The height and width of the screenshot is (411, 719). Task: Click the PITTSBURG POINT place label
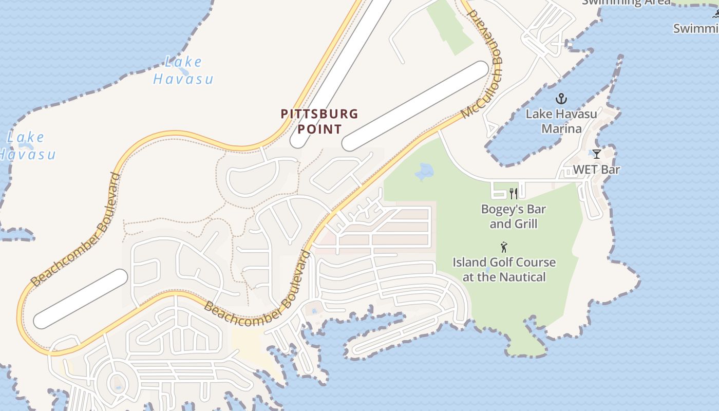click(x=319, y=121)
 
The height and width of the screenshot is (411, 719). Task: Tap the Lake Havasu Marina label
click(x=561, y=121)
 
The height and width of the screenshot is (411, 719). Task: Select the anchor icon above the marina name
click(x=561, y=98)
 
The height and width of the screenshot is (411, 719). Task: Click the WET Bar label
click(x=596, y=170)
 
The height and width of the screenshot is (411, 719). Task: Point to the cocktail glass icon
click(x=596, y=154)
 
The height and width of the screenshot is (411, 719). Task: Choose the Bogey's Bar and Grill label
click(x=513, y=216)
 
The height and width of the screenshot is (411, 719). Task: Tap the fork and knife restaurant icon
click(x=513, y=194)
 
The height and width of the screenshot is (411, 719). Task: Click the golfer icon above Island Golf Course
click(x=504, y=247)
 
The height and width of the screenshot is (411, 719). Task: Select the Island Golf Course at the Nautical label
click(x=504, y=270)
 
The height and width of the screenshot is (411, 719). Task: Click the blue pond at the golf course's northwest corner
click(x=424, y=171)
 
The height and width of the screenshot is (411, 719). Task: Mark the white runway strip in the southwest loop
click(x=81, y=298)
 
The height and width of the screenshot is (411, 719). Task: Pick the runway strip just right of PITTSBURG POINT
click(x=415, y=106)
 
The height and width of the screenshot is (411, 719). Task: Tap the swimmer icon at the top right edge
click(x=715, y=14)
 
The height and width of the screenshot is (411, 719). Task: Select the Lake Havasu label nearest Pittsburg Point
click(x=183, y=70)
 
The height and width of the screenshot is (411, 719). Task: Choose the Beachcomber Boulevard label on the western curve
click(x=76, y=229)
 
